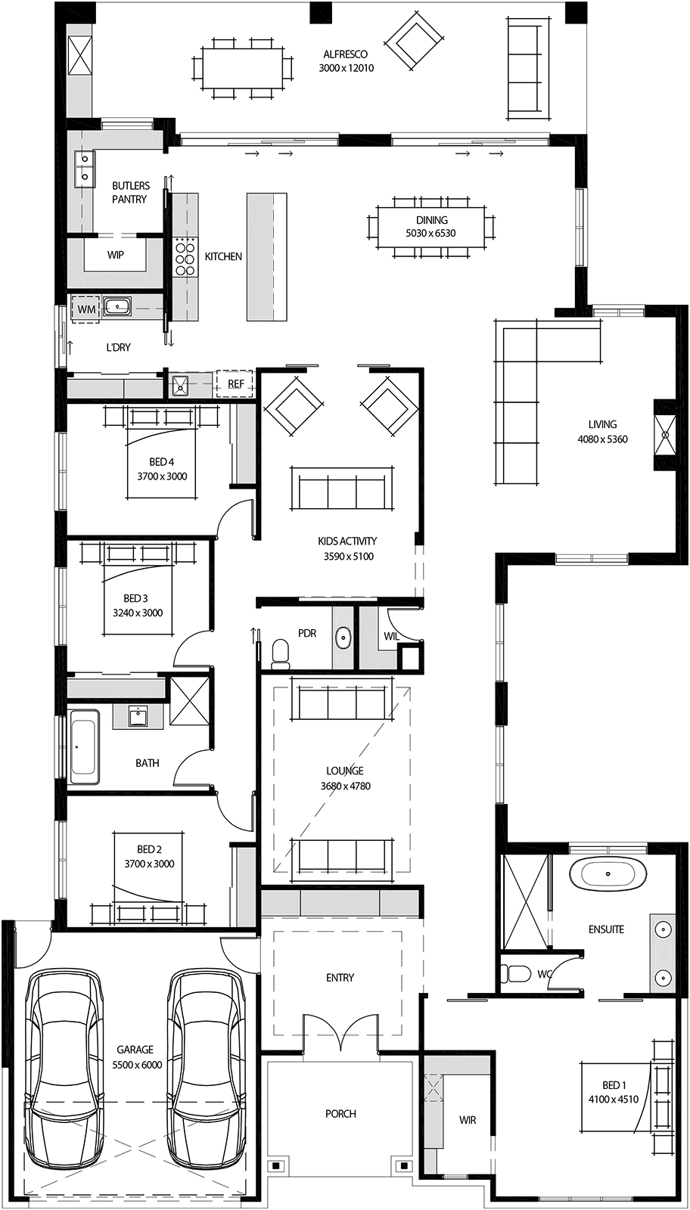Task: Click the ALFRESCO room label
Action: [x=346, y=54]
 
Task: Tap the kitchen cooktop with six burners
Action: [x=185, y=257]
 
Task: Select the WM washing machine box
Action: [x=86, y=309]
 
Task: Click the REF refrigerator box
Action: [x=235, y=383]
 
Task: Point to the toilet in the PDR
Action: [x=281, y=651]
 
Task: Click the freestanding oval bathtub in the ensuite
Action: [x=608, y=873]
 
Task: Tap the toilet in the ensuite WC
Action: [x=513, y=974]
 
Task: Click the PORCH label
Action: [x=341, y=1113]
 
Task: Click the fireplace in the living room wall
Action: [x=665, y=434]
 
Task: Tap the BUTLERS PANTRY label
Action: [x=130, y=192]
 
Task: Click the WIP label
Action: [x=115, y=255]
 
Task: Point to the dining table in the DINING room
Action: [x=432, y=227]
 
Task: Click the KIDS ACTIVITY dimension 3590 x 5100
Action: [x=349, y=556]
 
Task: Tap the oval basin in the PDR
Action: [x=343, y=638]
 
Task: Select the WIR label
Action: [x=468, y=1120]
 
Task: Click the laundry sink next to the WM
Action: [x=118, y=307]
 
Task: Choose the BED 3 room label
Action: [x=135, y=598]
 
